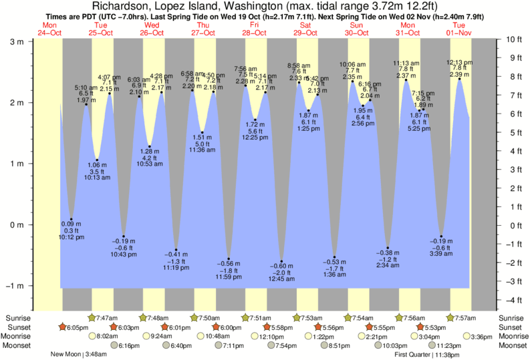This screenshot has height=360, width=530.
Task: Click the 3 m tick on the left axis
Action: (x=13, y=41)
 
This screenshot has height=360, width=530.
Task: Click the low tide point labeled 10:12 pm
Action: (x=71, y=220)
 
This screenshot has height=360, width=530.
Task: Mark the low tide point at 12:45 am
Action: (x=282, y=261)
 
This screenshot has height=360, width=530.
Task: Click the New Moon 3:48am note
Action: (x=78, y=355)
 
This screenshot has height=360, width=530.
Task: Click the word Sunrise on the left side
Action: (x=16, y=318)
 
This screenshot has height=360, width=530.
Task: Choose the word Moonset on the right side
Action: (x=513, y=346)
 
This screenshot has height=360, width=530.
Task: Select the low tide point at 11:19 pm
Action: (x=176, y=250)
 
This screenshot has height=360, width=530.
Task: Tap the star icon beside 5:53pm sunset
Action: (x=420, y=327)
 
